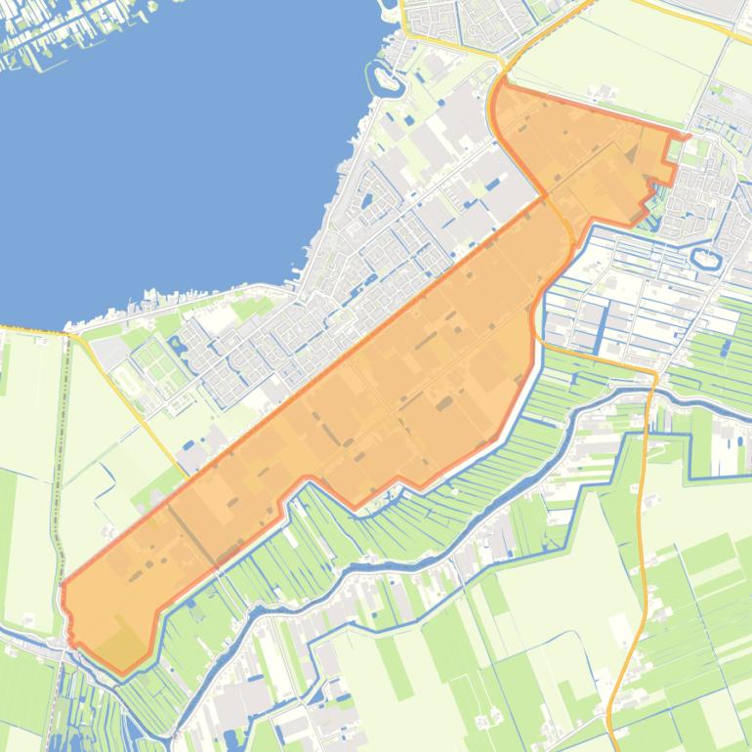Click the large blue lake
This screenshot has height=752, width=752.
(176, 146)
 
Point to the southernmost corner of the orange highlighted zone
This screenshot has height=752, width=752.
(121, 673)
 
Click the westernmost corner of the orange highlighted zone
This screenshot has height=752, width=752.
(63, 586)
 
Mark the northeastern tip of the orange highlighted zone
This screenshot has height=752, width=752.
(688, 136)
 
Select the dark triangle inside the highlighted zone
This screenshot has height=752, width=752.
(634, 151)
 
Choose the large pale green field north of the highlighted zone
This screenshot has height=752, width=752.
(615, 59)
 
